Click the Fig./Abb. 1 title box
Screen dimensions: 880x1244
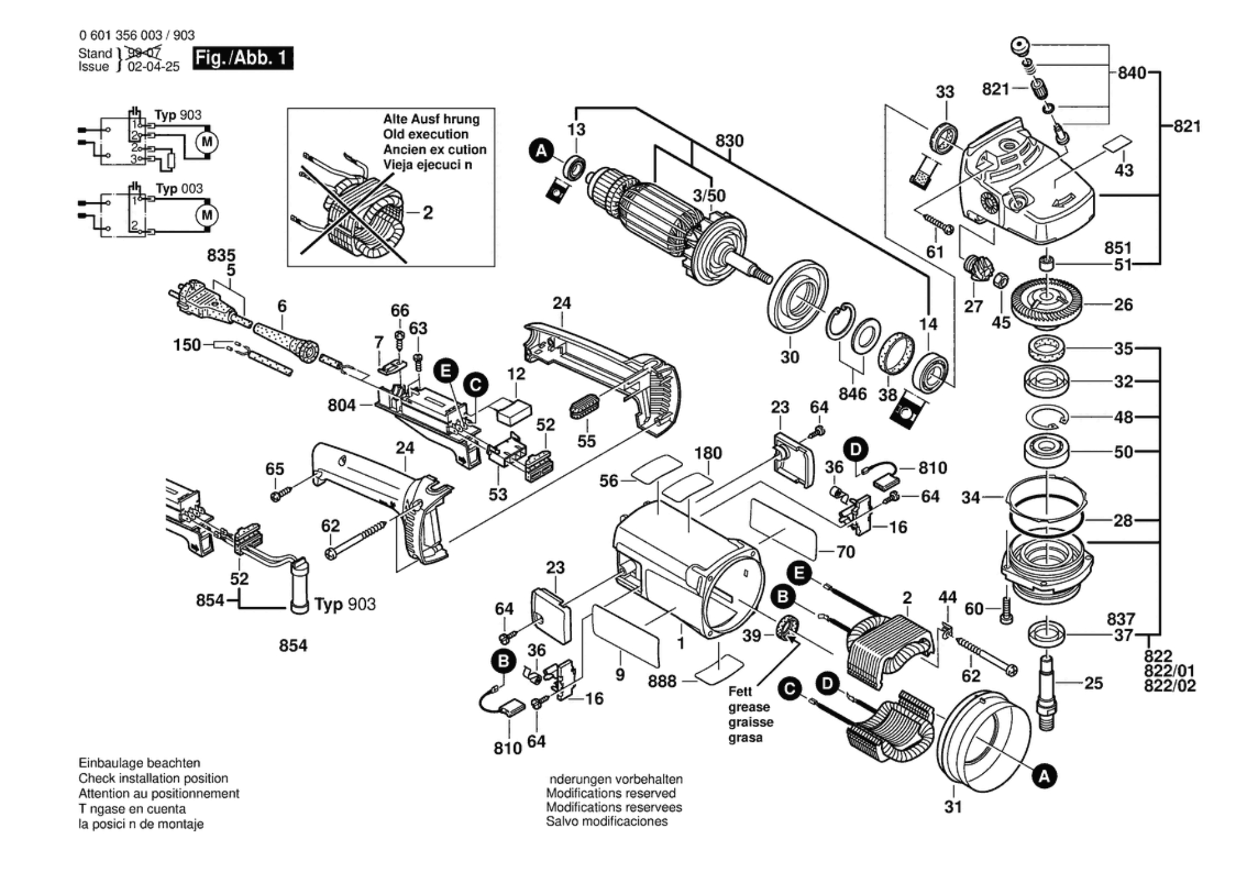(243, 58)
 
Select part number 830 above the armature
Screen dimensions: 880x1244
(729, 141)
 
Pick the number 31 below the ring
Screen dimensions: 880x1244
(953, 807)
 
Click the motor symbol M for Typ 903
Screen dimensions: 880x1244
(207, 142)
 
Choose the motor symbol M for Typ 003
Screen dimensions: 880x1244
(207, 215)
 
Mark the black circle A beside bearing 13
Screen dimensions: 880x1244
(541, 151)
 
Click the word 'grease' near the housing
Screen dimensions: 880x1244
(748, 707)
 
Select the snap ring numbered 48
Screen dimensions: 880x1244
(1047, 417)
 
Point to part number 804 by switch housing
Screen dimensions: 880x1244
(341, 405)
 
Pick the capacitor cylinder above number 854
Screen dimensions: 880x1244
(300, 584)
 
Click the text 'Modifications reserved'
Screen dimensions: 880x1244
(610, 794)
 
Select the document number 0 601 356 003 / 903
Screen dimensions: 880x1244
(136, 36)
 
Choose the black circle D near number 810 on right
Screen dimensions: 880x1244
(855, 449)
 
